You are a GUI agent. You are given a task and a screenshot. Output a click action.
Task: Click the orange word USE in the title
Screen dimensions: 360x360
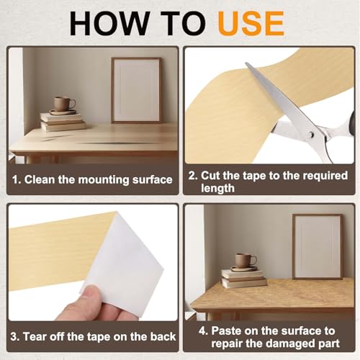click(251, 24)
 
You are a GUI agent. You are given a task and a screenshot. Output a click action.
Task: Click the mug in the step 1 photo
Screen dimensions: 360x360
click(64, 104)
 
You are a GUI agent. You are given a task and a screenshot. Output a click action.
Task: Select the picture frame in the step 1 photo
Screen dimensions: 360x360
click(136, 90)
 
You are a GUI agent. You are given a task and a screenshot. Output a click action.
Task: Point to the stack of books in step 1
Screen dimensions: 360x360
click(63, 122)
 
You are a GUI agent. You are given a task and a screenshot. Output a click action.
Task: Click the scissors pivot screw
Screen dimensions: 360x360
click(312, 135)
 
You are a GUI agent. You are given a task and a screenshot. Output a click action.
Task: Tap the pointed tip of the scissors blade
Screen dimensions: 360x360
click(246, 63)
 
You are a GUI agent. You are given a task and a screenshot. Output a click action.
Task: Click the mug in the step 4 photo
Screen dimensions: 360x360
click(246, 261)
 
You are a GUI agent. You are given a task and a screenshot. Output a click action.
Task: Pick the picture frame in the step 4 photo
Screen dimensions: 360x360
click(318, 246)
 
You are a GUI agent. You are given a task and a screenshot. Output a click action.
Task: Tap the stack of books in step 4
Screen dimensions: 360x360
click(244, 279)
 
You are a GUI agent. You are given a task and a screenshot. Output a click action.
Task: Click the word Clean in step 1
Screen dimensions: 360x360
click(40, 179)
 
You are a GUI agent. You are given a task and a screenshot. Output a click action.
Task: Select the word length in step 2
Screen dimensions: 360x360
click(217, 188)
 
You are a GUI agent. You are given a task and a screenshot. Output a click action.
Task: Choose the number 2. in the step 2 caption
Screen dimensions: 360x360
click(193, 176)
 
